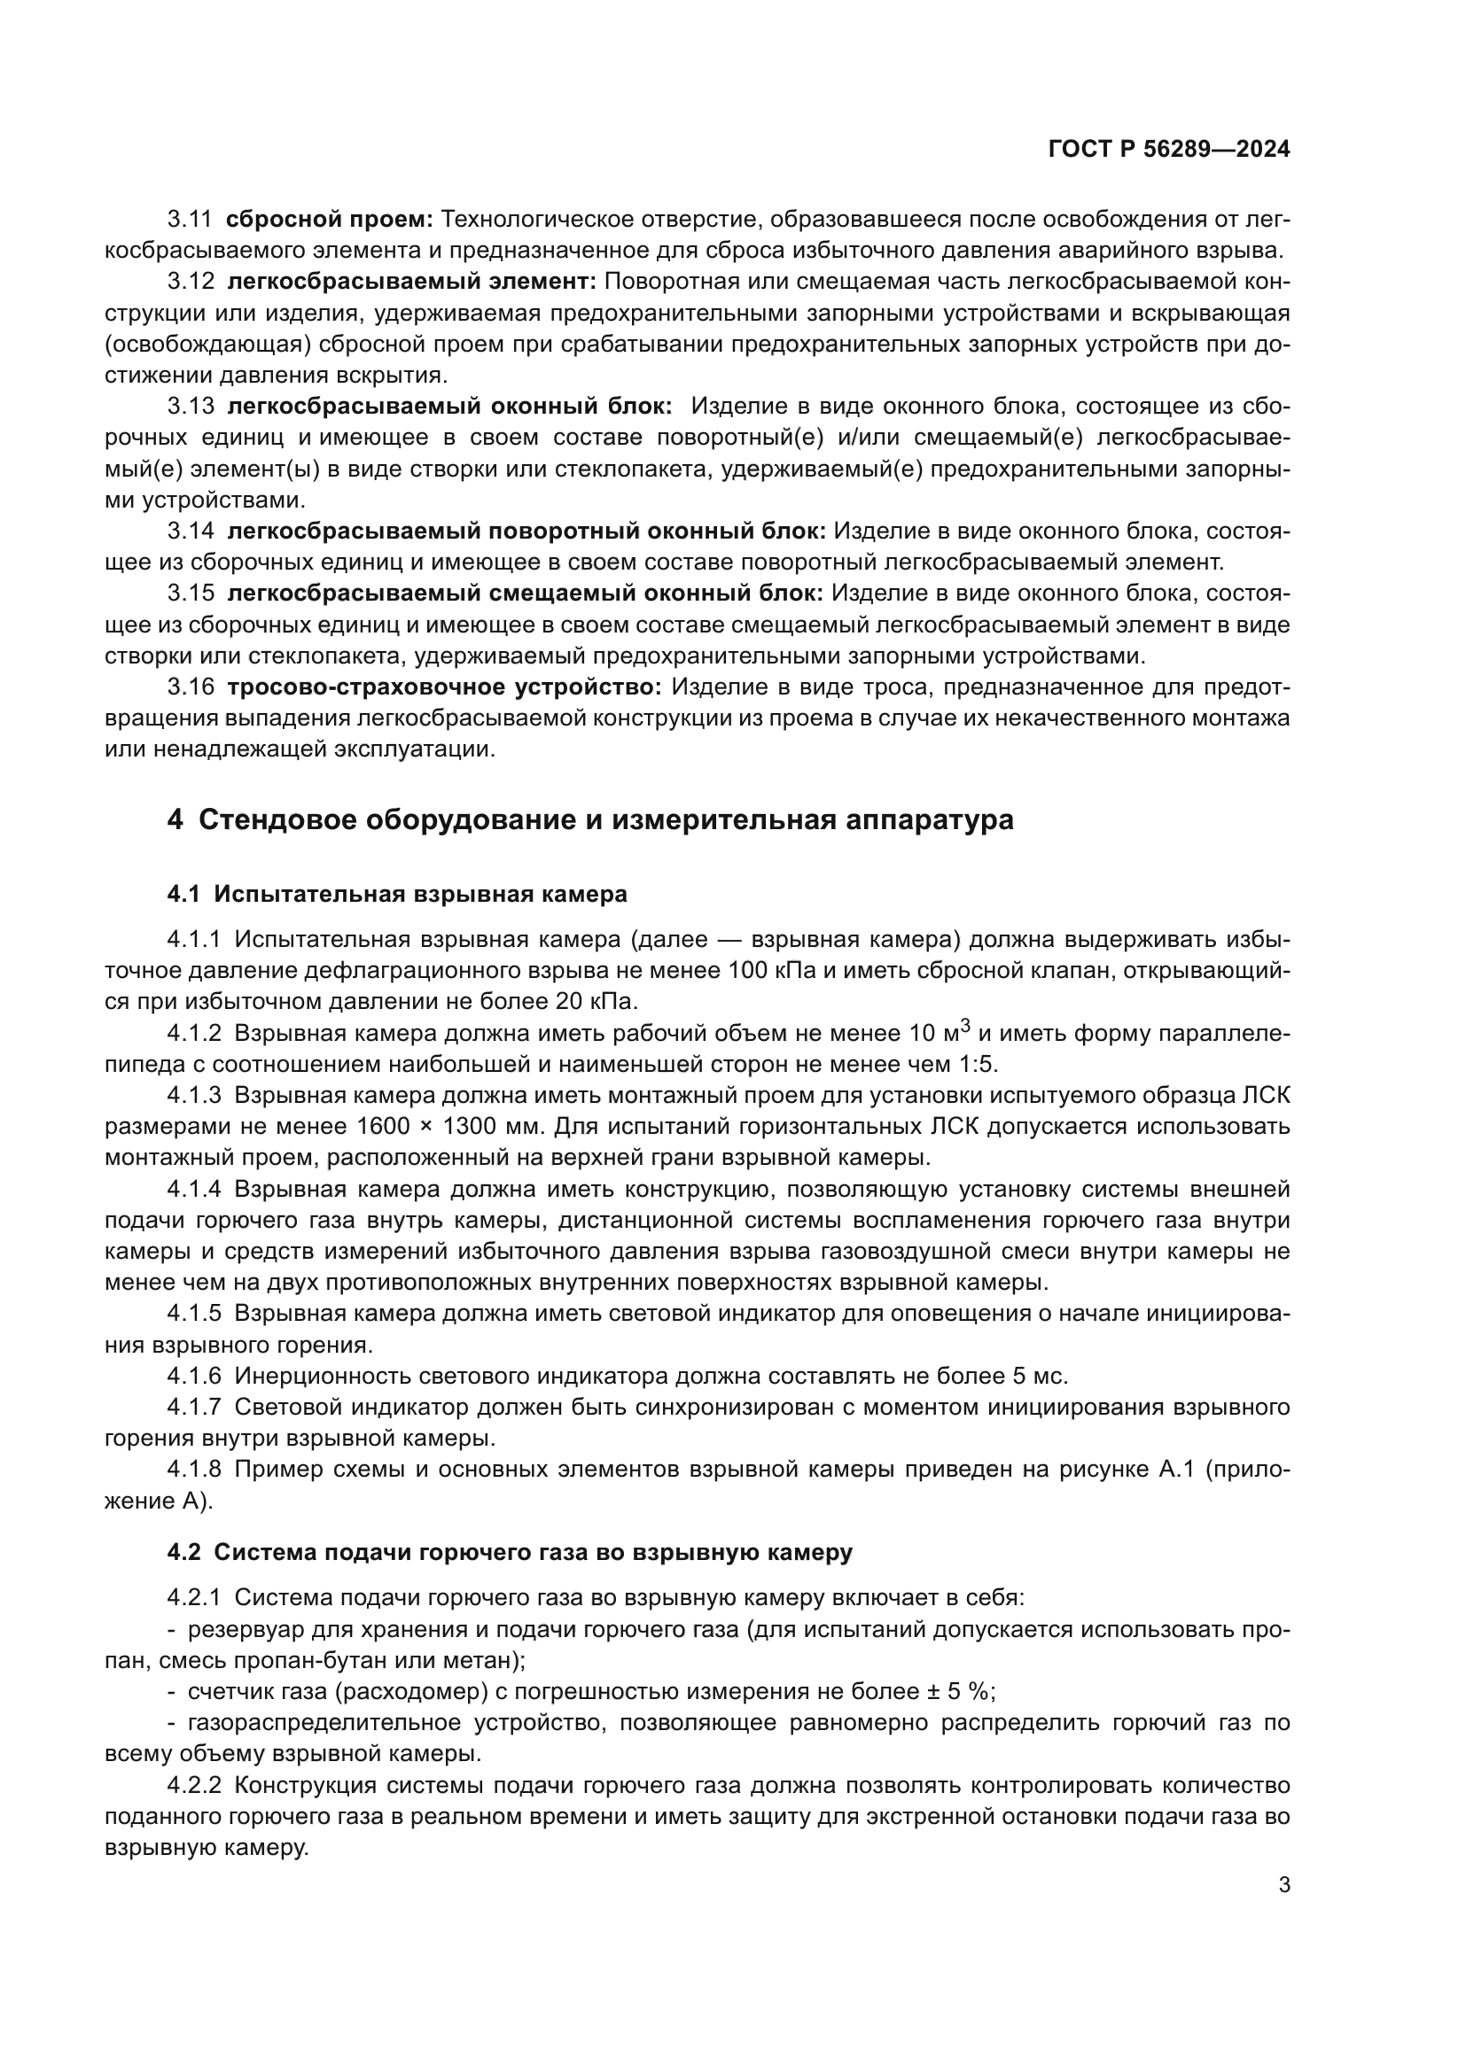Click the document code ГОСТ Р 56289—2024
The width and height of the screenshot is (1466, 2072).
1169,150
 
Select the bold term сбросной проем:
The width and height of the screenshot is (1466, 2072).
330,220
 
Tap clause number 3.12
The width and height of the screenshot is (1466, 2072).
191,282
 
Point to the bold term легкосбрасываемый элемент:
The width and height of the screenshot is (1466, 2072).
411,282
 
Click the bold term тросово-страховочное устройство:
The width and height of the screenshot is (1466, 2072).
443,687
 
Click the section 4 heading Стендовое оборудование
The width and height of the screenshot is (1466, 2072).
590,819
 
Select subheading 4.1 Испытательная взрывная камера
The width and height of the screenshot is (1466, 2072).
397,895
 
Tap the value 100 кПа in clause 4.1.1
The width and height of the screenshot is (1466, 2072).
766,970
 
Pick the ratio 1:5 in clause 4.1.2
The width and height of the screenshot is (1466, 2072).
975,1064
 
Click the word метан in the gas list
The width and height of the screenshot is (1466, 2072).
479,1659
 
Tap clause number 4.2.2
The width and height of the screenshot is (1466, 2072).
193,1785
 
